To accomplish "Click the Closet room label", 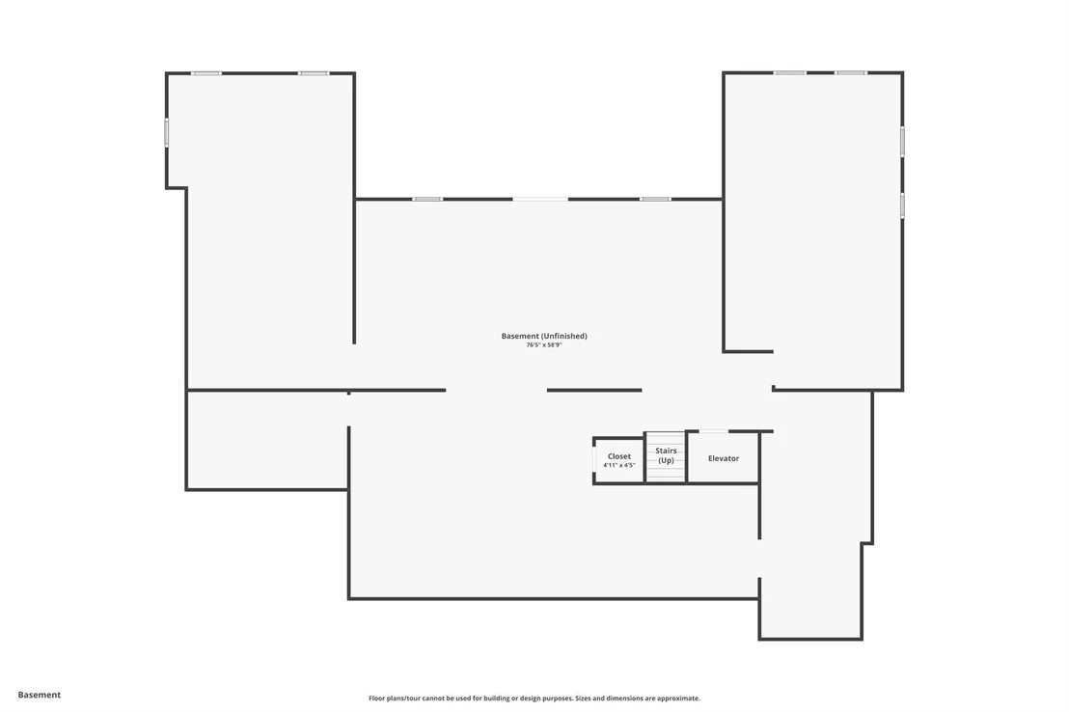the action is (x=619, y=456).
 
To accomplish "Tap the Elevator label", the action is (x=724, y=458).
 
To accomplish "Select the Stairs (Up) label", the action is (x=666, y=455).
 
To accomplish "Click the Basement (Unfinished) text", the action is (x=544, y=336).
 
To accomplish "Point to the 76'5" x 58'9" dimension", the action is (x=543, y=345).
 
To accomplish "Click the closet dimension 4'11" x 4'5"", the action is (x=619, y=465).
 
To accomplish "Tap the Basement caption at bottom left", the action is (x=39, y=695).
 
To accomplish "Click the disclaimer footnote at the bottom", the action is (x=534, y=698).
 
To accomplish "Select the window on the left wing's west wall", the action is (x=166, y=132).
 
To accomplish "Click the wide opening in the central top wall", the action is (x=540, y=199).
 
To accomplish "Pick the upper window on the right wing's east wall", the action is (x=903, y=142).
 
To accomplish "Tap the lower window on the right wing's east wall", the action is (x=903, y=205).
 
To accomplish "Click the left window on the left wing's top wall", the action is (x=206, y=73).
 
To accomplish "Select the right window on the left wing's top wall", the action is (x=314, y=73).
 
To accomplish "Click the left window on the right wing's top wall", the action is (x=789, y=72).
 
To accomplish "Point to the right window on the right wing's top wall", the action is (x=851, y=72).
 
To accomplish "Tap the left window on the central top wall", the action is (x=427, y=199).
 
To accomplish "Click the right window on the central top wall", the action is (x=655, y=199).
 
